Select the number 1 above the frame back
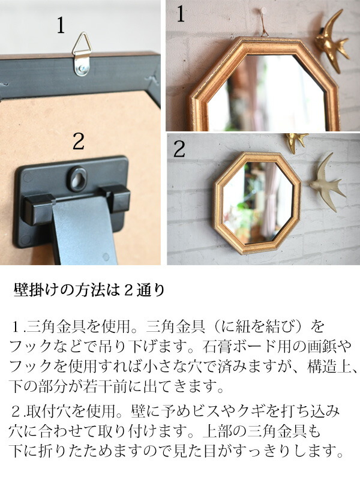click(61, 26)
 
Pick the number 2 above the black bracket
click(79, 143)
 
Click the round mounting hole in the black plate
click(76, 178)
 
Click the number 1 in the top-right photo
click(181, 14)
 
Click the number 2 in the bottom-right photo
click(179, 149)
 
